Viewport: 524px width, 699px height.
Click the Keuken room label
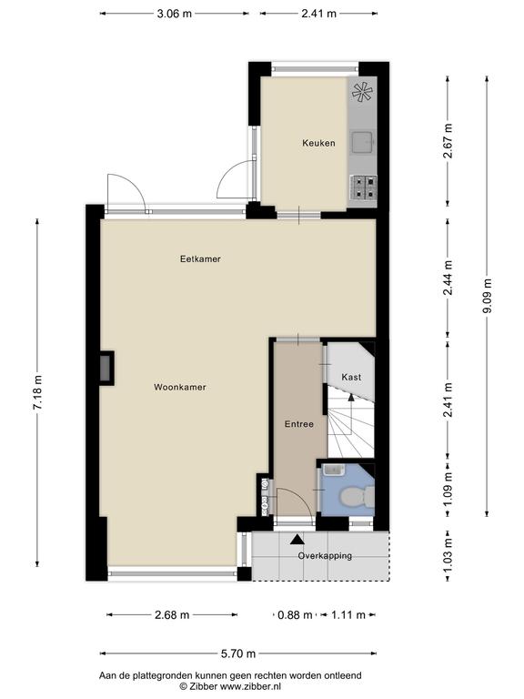318,143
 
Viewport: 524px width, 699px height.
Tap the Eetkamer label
200,258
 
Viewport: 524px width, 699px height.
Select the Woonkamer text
180,387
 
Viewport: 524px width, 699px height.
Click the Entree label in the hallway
299,424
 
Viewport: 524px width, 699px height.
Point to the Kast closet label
351,377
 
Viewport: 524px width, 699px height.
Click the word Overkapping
325,555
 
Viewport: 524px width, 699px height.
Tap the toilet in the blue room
358,496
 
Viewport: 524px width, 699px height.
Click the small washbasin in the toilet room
332,470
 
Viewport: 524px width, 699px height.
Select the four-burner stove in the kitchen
363,187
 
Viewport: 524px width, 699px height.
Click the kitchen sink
363,142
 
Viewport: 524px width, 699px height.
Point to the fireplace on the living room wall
107,369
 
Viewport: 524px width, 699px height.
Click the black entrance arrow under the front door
297,540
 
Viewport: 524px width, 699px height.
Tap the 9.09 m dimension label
488,296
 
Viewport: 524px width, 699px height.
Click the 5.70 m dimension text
238,653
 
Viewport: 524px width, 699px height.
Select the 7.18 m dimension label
37,392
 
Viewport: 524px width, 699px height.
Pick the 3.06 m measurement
175,14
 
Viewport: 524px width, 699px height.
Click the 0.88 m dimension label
295,615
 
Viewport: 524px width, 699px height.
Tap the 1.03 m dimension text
448,555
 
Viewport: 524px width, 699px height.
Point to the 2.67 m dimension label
448,141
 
